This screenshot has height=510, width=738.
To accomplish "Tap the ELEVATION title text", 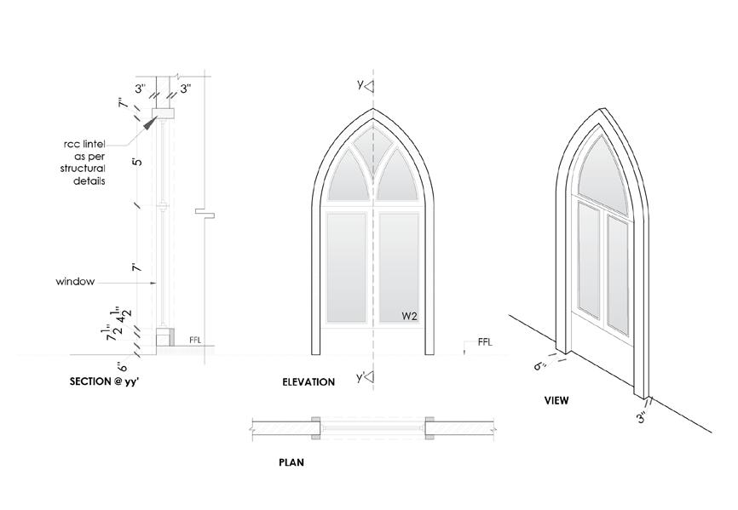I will coord(308,382).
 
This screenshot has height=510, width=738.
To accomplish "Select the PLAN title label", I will coord(291,464).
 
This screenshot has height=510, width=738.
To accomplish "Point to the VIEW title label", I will coord(557,399).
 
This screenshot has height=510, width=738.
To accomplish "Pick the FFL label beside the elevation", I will coord(485,342).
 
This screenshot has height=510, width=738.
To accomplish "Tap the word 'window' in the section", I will coord(74,280).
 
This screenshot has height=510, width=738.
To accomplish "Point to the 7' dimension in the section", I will coord(135,268).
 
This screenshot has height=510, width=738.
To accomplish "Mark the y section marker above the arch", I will coord(361,85).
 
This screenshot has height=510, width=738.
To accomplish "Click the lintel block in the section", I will coord(162,114).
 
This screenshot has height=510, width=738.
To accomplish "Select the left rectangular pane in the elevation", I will coord(346,266).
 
